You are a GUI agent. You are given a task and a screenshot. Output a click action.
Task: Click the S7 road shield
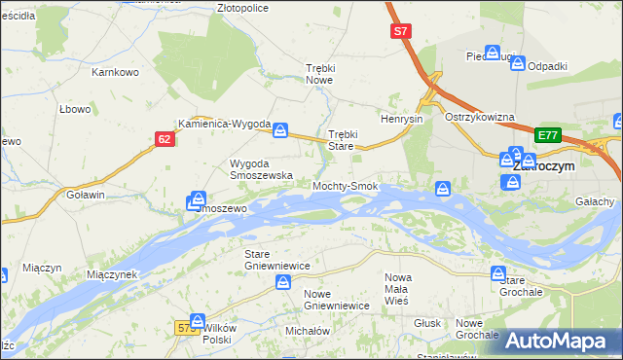click(401, 32)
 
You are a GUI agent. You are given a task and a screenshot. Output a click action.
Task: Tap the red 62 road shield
click(164, 140)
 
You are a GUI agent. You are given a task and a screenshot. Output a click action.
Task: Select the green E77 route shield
click(548, 135)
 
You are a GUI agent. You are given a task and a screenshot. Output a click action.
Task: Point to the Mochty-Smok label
click(345, 185)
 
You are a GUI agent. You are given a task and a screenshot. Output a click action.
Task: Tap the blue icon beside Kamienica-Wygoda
click(280, 129)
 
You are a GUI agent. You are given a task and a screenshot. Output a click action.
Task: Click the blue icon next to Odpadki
click(518, 65)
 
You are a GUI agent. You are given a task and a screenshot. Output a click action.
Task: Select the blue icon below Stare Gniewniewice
click(282, 282)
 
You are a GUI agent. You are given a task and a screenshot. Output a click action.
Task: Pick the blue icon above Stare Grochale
click(498, 274)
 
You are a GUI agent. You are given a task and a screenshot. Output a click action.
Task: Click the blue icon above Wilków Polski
click(198, 322)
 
